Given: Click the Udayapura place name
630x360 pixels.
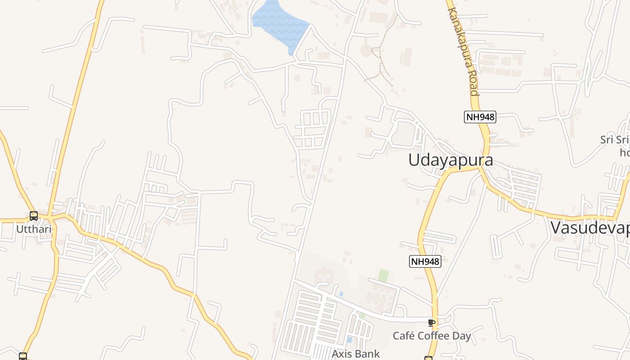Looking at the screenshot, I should [x=450, y=160].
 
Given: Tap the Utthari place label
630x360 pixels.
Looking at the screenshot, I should [x=33, y=229].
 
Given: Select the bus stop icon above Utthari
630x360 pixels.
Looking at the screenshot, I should [x=34, y=216].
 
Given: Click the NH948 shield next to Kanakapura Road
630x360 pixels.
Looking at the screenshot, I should [x=480, y=117].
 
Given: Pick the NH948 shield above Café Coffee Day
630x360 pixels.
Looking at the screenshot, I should [x=425, y=261].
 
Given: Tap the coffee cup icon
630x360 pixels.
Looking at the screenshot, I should [x=432, y=322].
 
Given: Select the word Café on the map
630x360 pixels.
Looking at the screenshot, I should [x=404, y=336].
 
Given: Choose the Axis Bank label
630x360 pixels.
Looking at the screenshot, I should [x=355, y=354].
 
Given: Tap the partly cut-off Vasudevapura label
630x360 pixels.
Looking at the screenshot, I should [x=590, y=228].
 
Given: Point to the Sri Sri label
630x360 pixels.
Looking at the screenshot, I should [x=615, y=139].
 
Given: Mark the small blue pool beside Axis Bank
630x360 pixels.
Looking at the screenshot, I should [x=349, y=339].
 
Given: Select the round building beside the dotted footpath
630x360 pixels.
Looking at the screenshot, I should [x=366, y=50].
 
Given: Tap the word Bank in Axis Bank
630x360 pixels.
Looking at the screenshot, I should [x=368, y=354].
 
